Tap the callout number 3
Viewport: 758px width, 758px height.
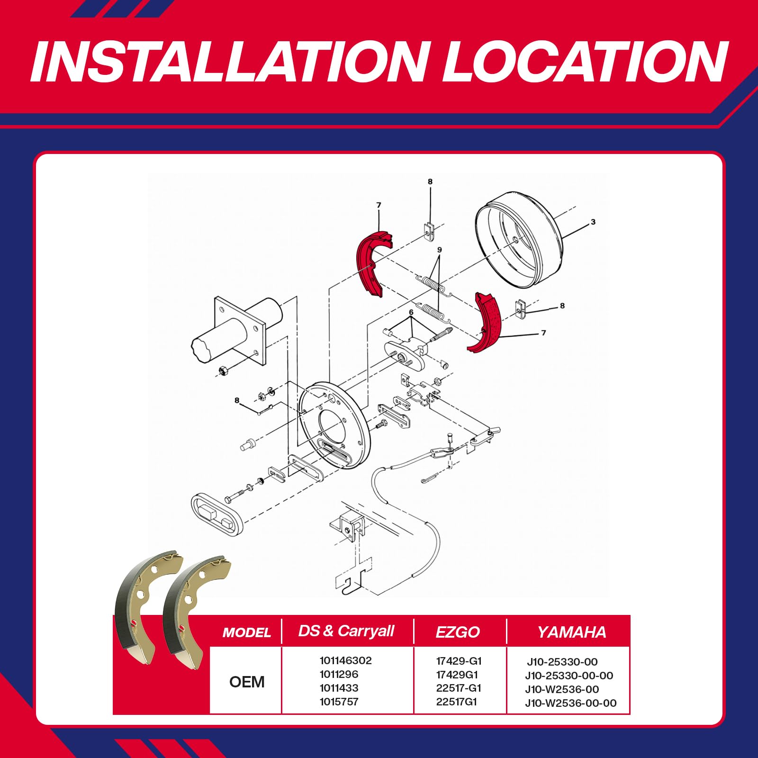click(x=593, y=222)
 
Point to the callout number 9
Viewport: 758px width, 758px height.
click(x=440, y=250)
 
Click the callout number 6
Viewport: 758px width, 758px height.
click(x=411, y=312)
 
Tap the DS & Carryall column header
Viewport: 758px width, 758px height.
click(x=346, y=631)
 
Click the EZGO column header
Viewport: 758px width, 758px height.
click(x=458, y=632)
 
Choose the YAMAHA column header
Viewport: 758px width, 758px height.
click(x=572, y=632)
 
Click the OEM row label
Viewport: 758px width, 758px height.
click(x=247, y=682)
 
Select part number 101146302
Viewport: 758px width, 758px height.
click(x=346, y=660)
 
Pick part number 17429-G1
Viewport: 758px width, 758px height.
click(x=459, y=661)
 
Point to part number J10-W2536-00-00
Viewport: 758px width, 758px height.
click(x=571, y=703)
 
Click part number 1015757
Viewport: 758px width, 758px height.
click(x=339, y=702)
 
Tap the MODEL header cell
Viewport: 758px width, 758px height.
click(x=247, y=632)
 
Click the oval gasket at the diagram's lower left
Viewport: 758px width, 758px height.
click(x=217, y=515)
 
